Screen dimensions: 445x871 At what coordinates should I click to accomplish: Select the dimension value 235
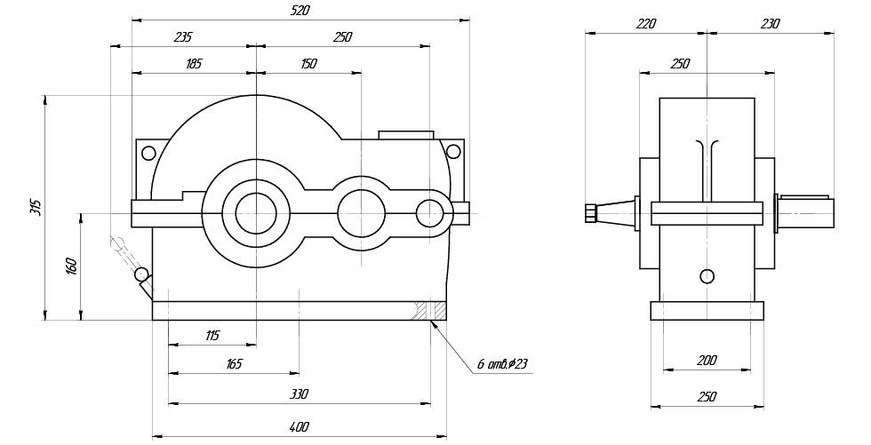pos(182,37)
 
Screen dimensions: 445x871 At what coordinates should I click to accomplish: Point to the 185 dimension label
pos(194,64)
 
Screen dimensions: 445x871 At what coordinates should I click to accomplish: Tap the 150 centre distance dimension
pos(308,64)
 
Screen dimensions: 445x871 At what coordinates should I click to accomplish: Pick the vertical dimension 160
pos(71,266)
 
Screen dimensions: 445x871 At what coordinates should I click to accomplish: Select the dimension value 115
pos(212,335)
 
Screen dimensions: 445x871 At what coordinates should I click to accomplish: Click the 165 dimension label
pos(234,363)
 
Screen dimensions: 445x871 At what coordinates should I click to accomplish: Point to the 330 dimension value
pos(299,393)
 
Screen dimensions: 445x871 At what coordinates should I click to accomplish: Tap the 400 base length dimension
pos(299,427)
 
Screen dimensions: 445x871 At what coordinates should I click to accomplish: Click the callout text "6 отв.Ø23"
pos(502,364)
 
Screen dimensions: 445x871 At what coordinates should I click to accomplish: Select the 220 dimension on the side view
pos(645,24)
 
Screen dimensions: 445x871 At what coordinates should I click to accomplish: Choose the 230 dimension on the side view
pos(770,24)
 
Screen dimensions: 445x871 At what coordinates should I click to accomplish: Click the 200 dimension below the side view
pos(707,361)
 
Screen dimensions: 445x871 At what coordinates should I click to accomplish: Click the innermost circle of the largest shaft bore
pos(256,213)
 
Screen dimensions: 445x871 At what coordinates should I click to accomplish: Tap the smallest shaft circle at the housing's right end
pos(430,213)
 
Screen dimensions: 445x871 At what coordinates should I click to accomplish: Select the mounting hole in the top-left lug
pos(148,152)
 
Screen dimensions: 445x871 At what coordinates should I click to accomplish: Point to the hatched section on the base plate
pos(435,310)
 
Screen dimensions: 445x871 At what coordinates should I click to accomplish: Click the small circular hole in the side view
pos(707,275)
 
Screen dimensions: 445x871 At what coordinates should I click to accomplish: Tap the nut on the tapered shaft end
pos(591,213)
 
